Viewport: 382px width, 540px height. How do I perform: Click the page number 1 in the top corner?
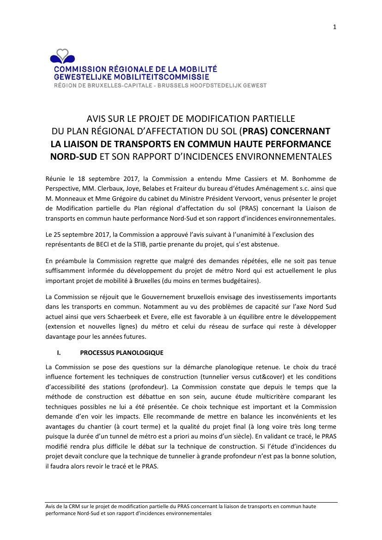(334, 27)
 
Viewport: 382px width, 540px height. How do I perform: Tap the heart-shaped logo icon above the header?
(62, 56)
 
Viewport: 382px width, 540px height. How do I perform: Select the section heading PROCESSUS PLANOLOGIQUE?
(121, 353)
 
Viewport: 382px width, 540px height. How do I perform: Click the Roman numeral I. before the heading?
(59, 353)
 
